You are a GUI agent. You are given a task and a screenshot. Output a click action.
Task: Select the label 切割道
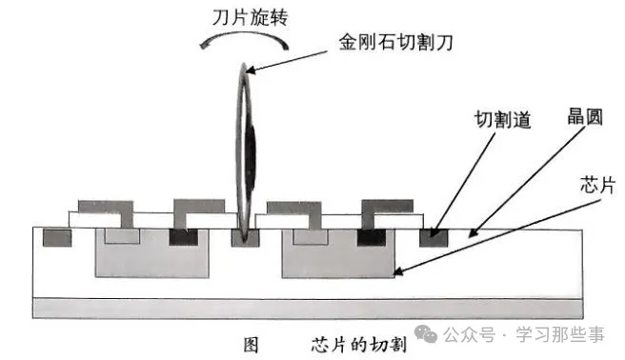[x=502, y=120]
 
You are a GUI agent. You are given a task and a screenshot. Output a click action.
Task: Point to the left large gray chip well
[x=151, y=257]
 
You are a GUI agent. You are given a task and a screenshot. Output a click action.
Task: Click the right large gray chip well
[x=339, y=257]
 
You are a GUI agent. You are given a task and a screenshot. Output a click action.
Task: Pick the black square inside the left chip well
[x=179, y=236]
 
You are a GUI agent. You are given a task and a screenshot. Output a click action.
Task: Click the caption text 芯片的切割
[x=358, y=343]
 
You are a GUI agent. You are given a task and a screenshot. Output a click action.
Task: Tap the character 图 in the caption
[x=252, y=343]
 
